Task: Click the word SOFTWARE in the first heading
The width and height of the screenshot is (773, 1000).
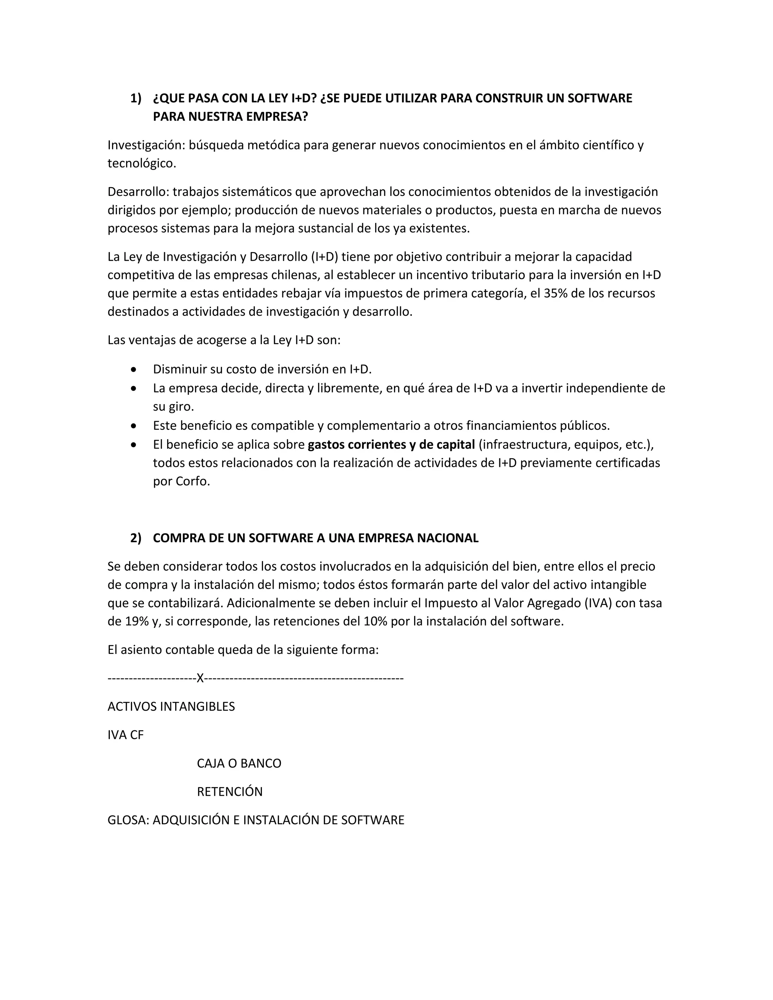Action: pos(599,98)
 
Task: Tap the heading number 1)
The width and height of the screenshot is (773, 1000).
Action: pos(136,98)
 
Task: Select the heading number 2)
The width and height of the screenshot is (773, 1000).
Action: pos(136,538)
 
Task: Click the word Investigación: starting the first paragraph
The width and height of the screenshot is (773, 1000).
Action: pos(146,145)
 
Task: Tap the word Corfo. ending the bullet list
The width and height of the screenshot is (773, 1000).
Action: pos(192,481)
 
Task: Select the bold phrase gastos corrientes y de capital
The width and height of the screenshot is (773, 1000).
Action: pos(391,445)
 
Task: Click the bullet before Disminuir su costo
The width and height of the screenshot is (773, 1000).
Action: pos(133,369)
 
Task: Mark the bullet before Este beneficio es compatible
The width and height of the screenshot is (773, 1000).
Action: pos(133,426)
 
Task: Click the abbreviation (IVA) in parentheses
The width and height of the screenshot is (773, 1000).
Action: pos(598,603)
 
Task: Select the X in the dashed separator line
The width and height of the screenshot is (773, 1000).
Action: pos(200,678)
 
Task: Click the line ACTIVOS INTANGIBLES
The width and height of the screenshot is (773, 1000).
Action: pos(171,706)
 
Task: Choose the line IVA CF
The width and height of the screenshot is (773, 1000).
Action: pos(125,735)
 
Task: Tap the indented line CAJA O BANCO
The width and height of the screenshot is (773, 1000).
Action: pos(239,763)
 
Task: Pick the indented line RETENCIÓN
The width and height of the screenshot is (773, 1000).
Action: pos(229,792)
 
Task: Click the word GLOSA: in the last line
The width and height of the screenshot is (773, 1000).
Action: pos(128,820)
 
